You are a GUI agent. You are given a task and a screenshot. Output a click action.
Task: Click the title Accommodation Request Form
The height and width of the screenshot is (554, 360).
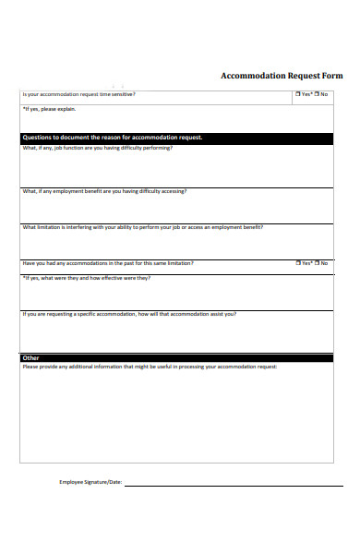[x=282, y=76]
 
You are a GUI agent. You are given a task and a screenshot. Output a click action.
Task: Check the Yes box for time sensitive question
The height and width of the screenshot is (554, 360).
[x=298, y=94]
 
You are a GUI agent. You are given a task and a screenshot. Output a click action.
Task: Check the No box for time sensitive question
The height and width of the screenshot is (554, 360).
[x=317, y=94]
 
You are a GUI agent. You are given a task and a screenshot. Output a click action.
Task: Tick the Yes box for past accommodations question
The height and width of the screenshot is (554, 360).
[x=298, y=263]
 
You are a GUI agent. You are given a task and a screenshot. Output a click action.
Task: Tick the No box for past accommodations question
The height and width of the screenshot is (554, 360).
[x=317, y=263]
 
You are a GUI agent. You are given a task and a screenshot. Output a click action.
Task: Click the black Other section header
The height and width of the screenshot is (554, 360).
[x=176, y=357]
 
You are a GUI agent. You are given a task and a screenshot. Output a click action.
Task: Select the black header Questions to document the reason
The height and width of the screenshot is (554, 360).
[x=176, y=138]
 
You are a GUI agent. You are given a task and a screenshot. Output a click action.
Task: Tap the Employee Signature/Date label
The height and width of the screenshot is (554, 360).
[x=90, y=482]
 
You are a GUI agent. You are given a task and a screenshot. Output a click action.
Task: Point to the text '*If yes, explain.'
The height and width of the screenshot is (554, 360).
[x=45, y=108]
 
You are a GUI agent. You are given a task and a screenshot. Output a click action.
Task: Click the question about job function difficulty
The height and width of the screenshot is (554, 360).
[x=97, y=147]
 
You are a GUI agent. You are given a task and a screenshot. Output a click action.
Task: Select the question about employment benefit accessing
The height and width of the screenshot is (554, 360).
[x=104, y=191]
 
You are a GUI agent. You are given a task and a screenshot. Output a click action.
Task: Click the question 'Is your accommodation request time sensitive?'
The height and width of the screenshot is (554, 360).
[x=78, y=94]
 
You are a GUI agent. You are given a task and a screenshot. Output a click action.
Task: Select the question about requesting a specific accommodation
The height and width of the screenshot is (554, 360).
[x=129, y=314]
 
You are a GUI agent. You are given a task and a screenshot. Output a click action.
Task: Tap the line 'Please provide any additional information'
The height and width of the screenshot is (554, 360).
[x=149, y=367]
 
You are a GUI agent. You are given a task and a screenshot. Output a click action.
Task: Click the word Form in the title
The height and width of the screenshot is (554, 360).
[x=330, y=76]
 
